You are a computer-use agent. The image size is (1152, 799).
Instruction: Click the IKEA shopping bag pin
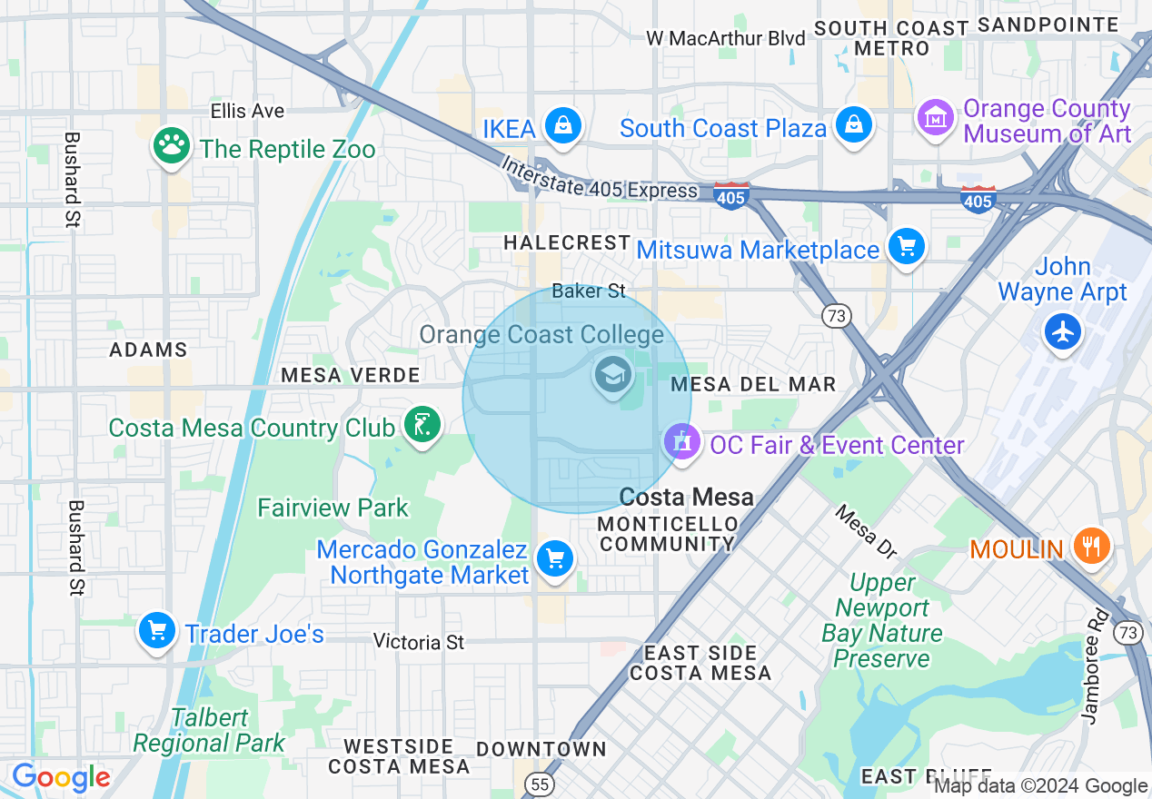pyautogui.click(x=563, y=126)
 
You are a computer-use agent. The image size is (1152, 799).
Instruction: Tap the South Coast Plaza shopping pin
pyautogui.click(x=854, y=125)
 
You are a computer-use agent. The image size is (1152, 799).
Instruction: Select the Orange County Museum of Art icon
pyautogui.click(x=936, y=117)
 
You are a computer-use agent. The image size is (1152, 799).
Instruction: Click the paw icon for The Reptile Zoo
pyautogui.click(x=170, y=146)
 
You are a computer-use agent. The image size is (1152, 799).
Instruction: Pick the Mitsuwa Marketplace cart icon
pyautogui.click(x=906, y=247)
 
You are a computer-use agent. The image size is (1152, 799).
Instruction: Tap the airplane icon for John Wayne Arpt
pyautogui.click(x=1062, y=331)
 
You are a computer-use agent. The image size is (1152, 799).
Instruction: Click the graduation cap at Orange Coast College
pyautogui.click(x=613, y=374)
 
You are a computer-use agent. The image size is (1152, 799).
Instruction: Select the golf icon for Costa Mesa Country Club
pyautogui.click(x=422, y=426)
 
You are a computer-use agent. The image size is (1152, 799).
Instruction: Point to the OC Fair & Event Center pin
pyautogui.click(x=682, y=442)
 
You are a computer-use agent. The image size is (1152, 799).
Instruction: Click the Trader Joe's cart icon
pyautogui.click(x=157, y=630)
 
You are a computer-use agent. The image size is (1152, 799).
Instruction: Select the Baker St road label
pyautogui.click(x=589, y=291)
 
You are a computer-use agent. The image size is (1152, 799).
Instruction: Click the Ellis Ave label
pyautogui.click(x=247, y=111)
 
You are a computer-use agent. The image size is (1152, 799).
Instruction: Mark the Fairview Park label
pyautogui.click(x=333, y=508)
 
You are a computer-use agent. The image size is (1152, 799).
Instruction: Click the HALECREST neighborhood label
pyautogui.click(x=567, y=242)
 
